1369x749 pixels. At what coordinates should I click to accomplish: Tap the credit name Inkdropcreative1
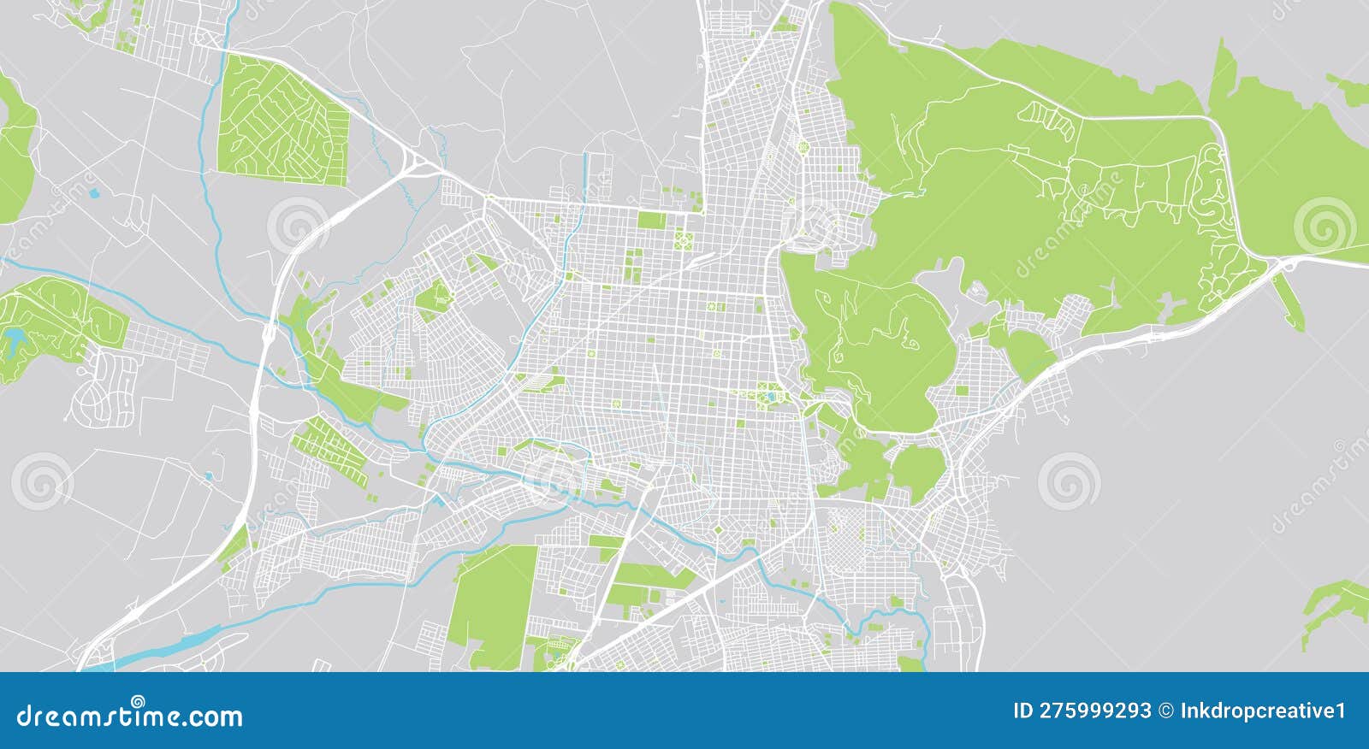point(1263,711)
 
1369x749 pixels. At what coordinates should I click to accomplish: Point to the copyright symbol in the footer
point(1166,711)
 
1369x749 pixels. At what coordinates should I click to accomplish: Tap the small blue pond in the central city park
point(773,395)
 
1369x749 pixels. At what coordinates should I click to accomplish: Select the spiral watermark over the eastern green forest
point(1324,225)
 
